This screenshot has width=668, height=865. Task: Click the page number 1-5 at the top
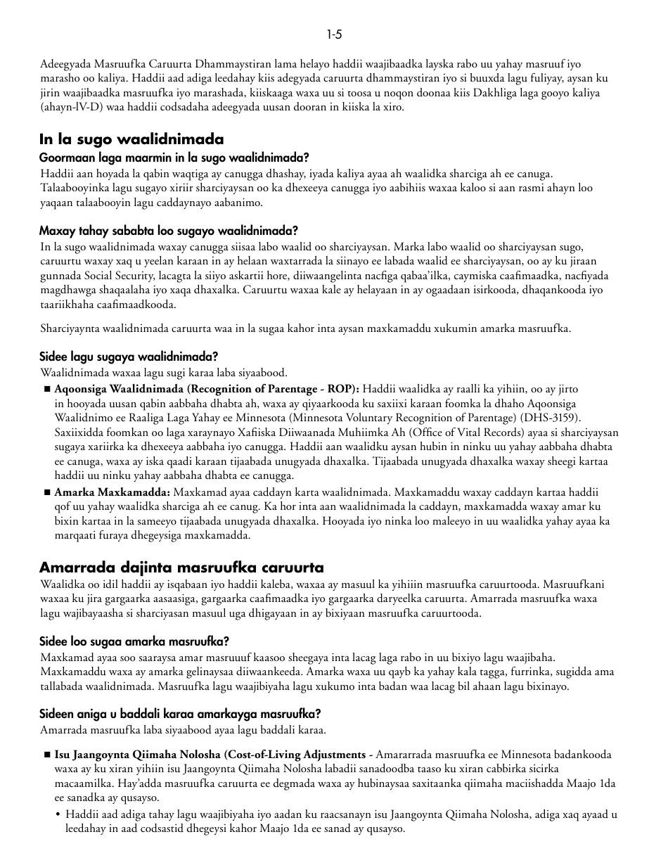[334, 34]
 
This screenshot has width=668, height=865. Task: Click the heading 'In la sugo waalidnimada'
[131, 139]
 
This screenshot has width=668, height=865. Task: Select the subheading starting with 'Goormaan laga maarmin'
[174, 158]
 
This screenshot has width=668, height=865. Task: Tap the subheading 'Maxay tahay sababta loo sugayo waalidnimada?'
[169, 231]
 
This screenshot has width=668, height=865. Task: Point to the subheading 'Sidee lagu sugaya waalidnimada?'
[129, 357]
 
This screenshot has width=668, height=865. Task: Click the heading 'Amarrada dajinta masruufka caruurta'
[181, 567]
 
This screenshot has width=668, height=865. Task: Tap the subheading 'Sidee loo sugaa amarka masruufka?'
[134, 641]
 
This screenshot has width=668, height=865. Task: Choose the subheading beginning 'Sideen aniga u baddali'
[180, 714]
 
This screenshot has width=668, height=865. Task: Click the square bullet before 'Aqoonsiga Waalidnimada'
[47, 389]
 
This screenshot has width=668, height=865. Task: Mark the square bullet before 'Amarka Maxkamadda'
[47, 492]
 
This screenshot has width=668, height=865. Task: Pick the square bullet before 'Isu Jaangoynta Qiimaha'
[47, 755]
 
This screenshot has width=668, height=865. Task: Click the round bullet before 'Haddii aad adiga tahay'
[58, 814]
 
